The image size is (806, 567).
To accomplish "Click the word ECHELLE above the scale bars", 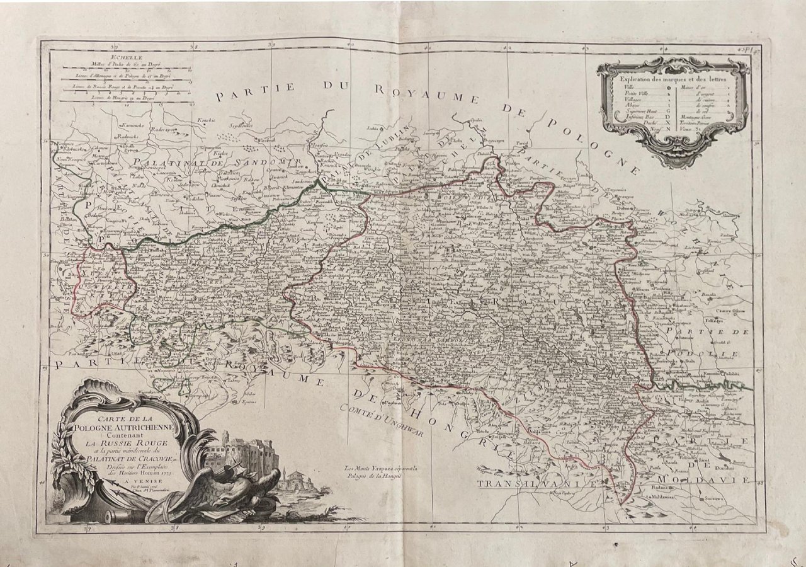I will click(x=74, y=57).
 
